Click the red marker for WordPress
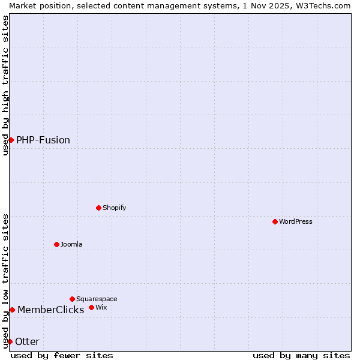tap(275, 221)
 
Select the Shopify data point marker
tap(98, 208)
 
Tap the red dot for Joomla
tap(56, 244)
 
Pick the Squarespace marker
tap(72, 299)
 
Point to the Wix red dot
tap(91, 307)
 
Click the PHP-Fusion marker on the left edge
tap(11, 140)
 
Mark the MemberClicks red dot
tap(12, 310)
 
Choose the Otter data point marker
tap(10, 341)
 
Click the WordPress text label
tap(296, 221)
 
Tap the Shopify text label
tap(114, 208)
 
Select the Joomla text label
tap(71, 244)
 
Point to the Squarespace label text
tap(97, 299)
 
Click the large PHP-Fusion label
tap(43, 140)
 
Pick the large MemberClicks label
tap(51, 310)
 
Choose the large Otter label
tap(28, 341)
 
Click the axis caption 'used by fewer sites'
tap(62, 355)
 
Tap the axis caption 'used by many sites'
tap(301, 355)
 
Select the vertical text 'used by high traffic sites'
tap(5, 85)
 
